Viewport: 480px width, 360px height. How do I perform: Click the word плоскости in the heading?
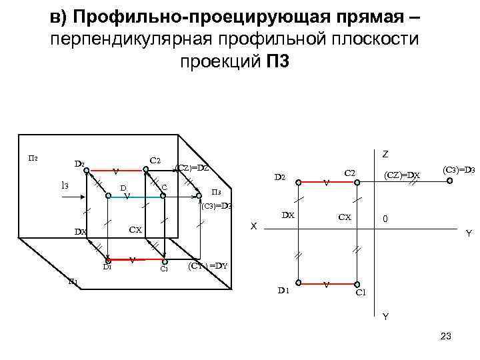pos(377,39)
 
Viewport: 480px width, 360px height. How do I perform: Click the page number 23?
pos(446,337)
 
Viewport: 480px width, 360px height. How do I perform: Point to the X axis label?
pos(253,226)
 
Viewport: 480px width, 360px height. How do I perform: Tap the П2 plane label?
pos(33,158)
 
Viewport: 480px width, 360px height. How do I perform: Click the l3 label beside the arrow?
pos(65,185)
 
